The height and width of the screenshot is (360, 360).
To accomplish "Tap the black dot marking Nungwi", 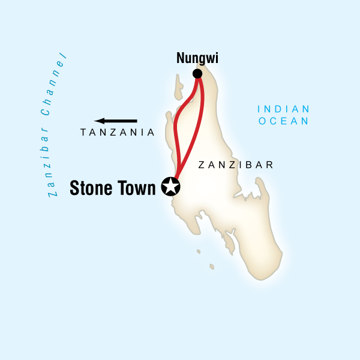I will coord(197,74).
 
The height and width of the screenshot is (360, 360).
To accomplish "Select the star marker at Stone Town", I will coord(171,187).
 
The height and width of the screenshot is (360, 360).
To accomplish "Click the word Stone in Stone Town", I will coord(92,187).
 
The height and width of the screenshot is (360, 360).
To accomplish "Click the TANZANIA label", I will coord(118,133).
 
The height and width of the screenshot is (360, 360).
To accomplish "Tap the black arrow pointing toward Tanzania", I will coord(116,121).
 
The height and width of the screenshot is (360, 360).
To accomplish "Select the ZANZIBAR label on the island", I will coord(236,164).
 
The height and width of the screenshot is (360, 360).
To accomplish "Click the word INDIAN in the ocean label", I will coord(283,109).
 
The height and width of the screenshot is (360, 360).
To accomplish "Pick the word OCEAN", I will coord(283,121).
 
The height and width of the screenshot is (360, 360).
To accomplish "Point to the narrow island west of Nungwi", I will coord(178,88).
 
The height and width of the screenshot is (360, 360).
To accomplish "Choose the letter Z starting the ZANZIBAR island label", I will coord(201,164).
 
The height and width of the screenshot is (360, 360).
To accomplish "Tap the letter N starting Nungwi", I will coord(180,58).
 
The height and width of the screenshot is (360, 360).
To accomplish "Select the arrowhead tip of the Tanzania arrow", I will coord(97,121).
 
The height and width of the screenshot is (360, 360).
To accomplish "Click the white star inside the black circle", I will coord(171,187).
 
